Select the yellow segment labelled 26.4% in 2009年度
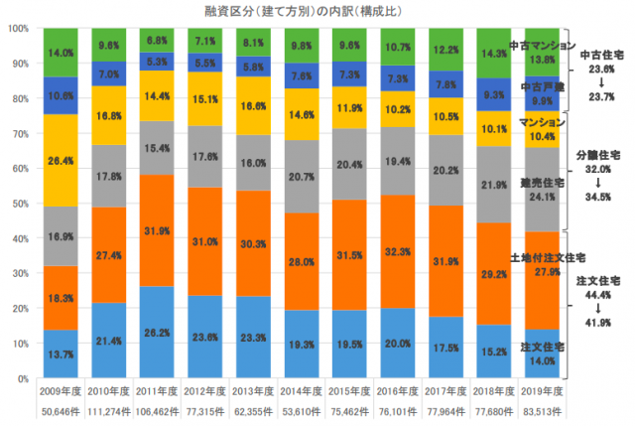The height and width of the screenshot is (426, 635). [x=62, y=160]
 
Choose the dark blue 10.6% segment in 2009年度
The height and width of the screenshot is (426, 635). [x=62, y=95]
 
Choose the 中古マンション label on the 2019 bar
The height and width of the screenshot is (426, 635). [x=536, y=47]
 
